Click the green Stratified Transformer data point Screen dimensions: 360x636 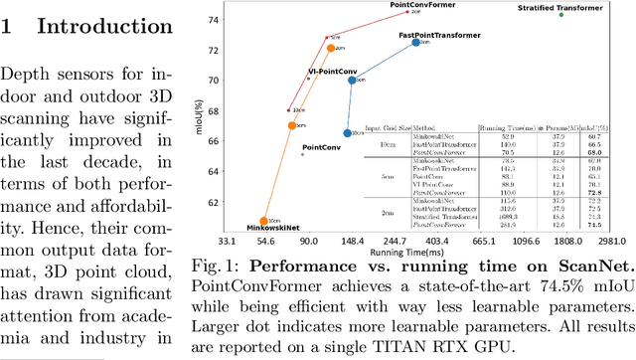(561, 14)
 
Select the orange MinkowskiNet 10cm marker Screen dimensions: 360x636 (263, 222)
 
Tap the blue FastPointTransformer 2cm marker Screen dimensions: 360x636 (416, 43)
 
